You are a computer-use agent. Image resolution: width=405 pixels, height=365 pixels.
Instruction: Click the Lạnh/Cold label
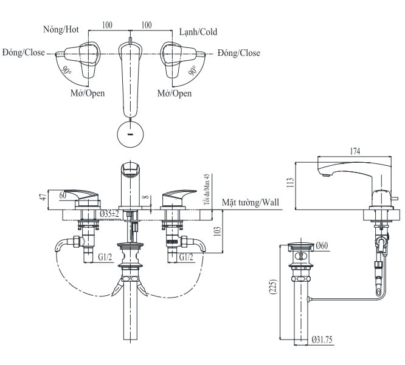click(x=198, y=32)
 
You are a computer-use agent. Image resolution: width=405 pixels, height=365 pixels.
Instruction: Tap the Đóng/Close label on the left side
click(x=23, y=53)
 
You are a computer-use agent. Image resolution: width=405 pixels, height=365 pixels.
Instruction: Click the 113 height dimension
click(x=290, y=182)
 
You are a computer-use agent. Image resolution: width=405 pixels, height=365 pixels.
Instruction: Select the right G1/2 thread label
click(x=187, y=257)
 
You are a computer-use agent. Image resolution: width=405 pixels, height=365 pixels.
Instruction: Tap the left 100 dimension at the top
click(x=107, y=25)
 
